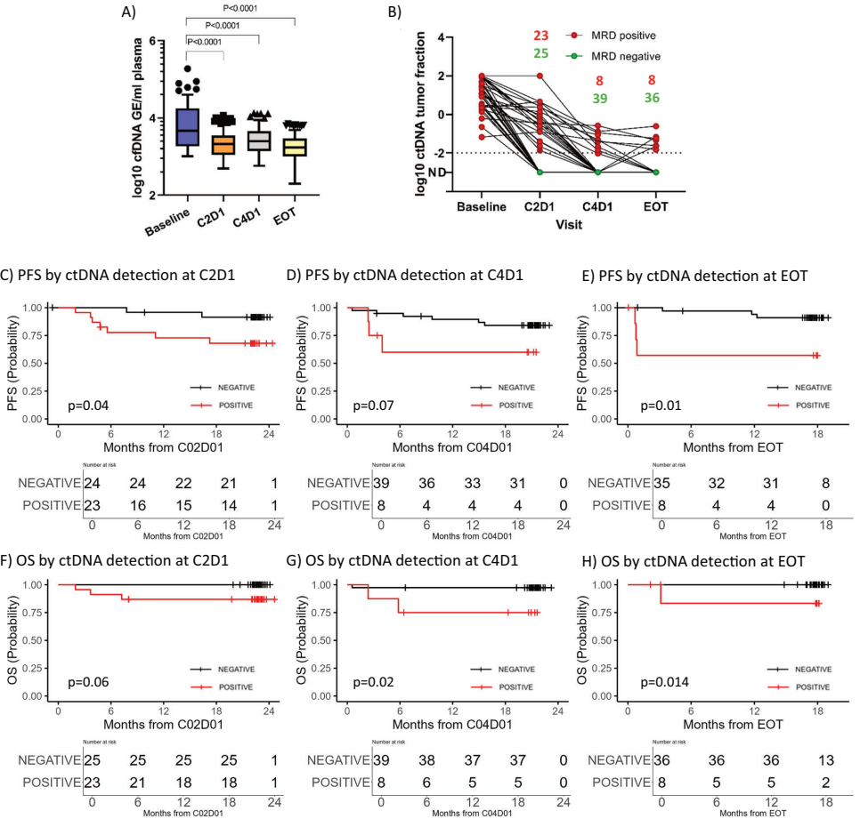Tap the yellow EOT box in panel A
[x=294, y=147]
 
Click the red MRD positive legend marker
[x=576, y=36]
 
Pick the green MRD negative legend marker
[x=576, y=56]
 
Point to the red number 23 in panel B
[x=541, y=36]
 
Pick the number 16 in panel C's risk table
[x=137, y=502]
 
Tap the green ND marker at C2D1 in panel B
[x=541, y=172]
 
